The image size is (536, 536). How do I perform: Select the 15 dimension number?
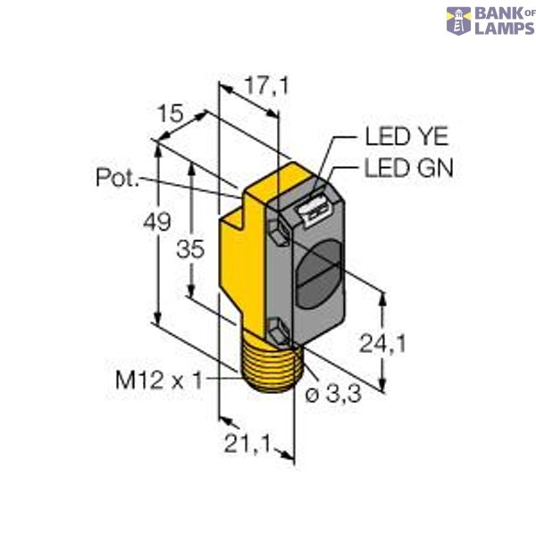pos(171,115)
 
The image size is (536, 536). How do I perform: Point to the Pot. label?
pos(117,178)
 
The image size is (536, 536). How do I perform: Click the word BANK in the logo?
pos(504,14)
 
